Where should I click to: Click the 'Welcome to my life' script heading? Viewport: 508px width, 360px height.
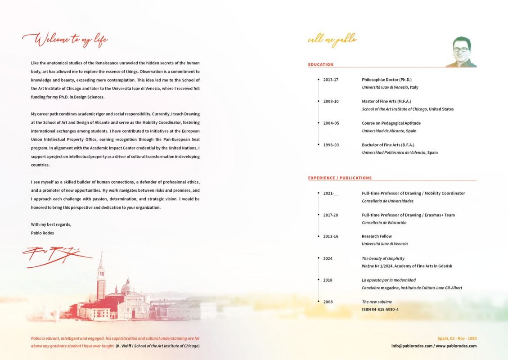click(x=65, y=40)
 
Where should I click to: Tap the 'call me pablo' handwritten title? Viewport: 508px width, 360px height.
click(x=332, y=40)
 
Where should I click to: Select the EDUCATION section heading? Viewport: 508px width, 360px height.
click(x=321, y=65)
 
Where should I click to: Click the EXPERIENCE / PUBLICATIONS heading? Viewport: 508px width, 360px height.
click(x=340, y=178)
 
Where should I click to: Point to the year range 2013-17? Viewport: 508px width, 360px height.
click(x=331, y=80)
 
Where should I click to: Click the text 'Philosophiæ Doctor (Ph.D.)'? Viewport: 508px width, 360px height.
click(x=387, y=80)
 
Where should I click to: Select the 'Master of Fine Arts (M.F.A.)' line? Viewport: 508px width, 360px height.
click(x=386, y=101)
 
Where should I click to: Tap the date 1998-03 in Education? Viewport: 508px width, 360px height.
click(x=331, y=145)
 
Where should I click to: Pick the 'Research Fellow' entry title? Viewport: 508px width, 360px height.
click(x=377, y=236)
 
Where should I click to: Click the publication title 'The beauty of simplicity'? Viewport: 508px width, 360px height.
click(x=383, y=258)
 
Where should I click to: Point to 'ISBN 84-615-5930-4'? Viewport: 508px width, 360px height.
click(x=380, y=310)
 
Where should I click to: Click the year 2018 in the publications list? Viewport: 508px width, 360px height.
click(x=328, y=280)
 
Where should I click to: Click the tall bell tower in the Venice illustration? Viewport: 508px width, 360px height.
click(x=101, y=277)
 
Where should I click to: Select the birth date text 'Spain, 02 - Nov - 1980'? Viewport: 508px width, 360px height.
click(x=457, y=338)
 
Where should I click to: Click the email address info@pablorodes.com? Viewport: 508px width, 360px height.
click(x=411, y=346)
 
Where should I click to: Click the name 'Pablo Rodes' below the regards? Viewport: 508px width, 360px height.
click(x=42, y=233)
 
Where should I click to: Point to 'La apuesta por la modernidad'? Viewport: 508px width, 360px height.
click(x=389, y=280)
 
